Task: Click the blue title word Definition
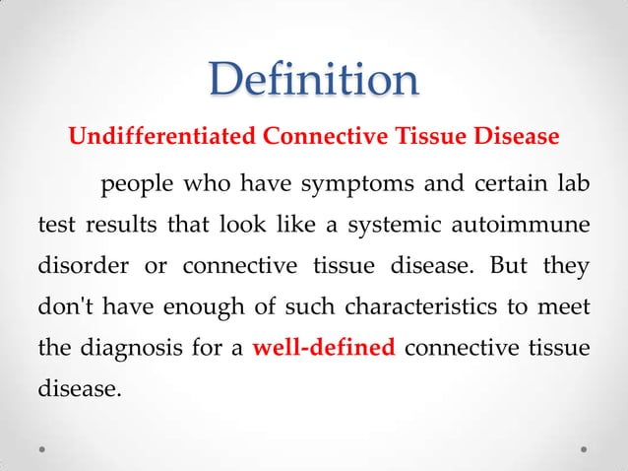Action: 314,80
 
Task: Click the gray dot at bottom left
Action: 44,448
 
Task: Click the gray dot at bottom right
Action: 584,448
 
